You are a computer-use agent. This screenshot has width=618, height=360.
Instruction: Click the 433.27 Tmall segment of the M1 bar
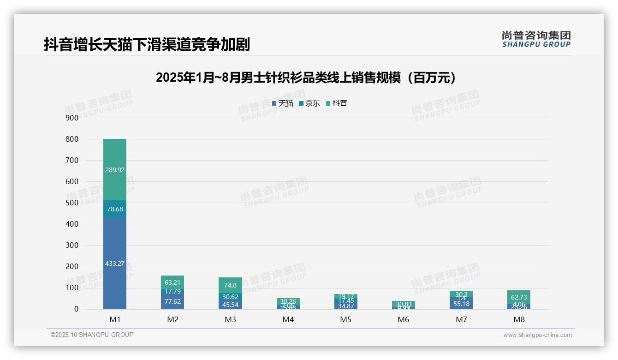coord(114,264)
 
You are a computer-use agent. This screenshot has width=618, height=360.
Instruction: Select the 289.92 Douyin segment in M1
coord(114,170)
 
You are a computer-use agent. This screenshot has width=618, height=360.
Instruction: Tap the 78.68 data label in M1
coord(114,209)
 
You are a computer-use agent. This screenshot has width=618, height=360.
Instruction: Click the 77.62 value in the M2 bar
coord(172,301)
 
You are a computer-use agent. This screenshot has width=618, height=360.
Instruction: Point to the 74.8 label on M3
coord(230,285)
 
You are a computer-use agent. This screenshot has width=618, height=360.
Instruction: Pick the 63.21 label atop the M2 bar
coord(172,282)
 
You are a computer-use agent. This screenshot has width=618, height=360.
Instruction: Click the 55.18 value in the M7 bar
coord(461,304)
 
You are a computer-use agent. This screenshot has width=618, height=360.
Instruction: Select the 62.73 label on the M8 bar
coord(519,297)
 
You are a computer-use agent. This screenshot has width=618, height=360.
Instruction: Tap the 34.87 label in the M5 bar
coord(346,306)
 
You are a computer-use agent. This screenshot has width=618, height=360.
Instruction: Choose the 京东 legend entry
coord(309,103)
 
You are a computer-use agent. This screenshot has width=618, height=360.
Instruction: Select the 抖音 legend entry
coord(337,103)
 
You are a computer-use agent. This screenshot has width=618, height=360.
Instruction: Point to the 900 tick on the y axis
coord(71,118)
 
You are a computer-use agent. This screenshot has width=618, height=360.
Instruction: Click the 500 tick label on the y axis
coord(71,203)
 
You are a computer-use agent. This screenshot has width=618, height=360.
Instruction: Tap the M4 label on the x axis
coord(288,319)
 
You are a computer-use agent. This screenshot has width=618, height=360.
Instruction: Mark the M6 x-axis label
coord(404,319)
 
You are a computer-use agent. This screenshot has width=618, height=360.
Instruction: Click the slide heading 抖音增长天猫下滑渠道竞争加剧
coord(147,44)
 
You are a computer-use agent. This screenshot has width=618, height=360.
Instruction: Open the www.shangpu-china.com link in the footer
coord(537,335)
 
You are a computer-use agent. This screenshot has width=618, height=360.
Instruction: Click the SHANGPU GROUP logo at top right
coord(536,39)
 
